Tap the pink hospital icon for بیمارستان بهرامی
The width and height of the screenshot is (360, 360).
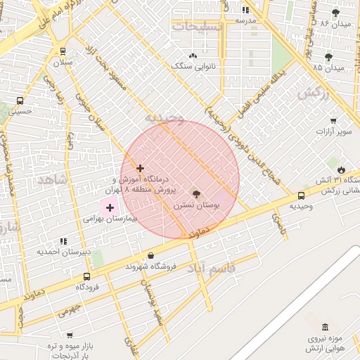pyautogui.click(x=110, y=207)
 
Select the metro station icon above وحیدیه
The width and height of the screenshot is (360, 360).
pyautogui.click(x=301, y=195)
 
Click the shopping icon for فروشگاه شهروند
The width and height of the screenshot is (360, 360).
pyautogui.click(x=151, y=256)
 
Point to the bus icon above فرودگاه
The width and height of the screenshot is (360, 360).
pyautogui.click(x=86, y=276)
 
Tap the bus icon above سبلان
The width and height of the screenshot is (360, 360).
pyautogui.click(x=63, y=51)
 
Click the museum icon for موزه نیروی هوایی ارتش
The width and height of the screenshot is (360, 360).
pyautogui.click(x=325, y=327)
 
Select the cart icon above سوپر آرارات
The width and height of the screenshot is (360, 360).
pyautogui.click(x=333, y=120)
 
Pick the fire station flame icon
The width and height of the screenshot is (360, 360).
pyautogui.click(x=341, y=169)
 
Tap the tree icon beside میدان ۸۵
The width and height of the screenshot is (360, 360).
pyautogui.click(x=328, y=57)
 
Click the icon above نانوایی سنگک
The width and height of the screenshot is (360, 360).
pyautogui.click(x=193, y=56)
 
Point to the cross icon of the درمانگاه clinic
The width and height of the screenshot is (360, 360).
pyautogui.click(x=141, y=168)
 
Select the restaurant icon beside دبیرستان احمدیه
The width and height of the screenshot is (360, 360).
pyautogui.click(x=64, y=241)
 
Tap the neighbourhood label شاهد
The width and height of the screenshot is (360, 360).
pyautogui.click(x=51, y=180)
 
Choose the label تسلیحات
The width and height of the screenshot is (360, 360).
pyautogui.click(x=198, y=26)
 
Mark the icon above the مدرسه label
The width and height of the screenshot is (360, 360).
pyautogui.click(x=245, y=10)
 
